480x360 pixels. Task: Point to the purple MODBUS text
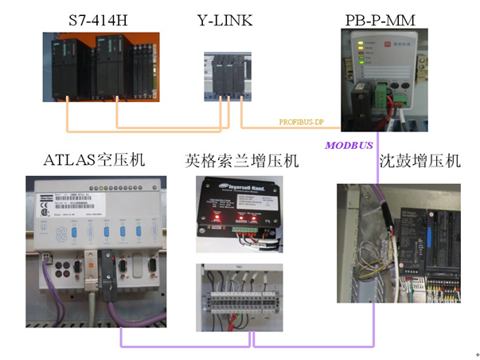(349, 145)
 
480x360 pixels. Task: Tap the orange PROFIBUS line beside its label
(263, 127)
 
